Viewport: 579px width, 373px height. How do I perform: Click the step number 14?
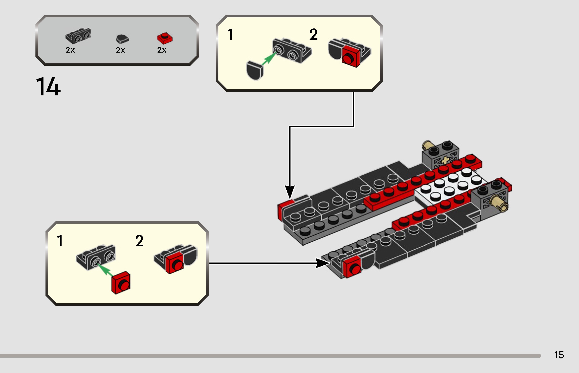[48, 87]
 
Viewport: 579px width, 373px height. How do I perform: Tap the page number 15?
[559, 355]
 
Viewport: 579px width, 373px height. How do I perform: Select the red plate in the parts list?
[165, 38]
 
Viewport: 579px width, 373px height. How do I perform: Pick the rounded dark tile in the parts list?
[122, 39]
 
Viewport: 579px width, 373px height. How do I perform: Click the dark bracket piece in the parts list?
[78, 36]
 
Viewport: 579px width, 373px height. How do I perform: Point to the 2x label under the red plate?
[162, 50]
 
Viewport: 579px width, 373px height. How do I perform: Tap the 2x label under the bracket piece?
[70, 50]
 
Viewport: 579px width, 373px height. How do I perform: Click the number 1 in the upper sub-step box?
[230, 34]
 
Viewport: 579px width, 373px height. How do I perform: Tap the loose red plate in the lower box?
[121, 283]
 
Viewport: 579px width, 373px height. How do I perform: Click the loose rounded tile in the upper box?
[254, 70]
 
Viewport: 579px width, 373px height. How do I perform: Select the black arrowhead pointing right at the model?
[323, 263]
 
